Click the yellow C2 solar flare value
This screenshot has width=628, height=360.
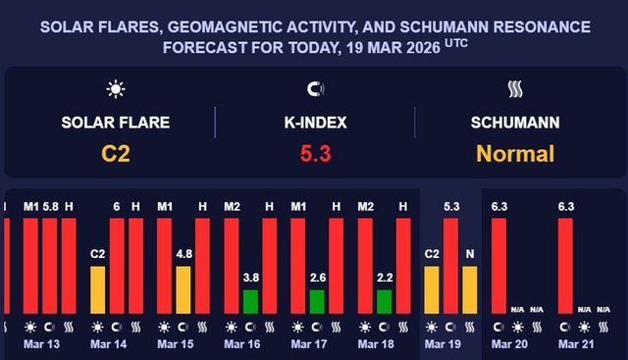point(116,153)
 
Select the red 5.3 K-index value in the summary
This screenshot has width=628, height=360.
point(314,153)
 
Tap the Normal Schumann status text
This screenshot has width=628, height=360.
point(515,153)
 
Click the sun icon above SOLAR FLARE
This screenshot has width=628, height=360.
point(116,90)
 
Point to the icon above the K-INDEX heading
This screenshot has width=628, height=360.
point(314,90)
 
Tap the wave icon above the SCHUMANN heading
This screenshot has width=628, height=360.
point(515,90)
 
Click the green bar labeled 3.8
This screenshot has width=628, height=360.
point(250,301)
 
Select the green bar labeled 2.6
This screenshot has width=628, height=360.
point(317,301)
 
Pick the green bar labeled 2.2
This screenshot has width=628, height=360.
point(384,301)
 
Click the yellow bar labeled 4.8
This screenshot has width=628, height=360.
point(183,289)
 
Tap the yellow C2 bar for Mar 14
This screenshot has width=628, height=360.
point(97,289)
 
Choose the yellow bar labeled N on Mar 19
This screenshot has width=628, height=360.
point(470,289)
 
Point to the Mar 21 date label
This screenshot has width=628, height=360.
point(575,345)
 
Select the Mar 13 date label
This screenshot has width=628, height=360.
point(39,345)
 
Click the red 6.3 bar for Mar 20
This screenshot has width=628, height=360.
point(499,265)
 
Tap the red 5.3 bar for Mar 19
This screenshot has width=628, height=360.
point(451,265)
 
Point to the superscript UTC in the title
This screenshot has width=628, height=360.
point(455,42)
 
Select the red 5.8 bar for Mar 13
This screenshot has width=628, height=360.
point(50,265)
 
